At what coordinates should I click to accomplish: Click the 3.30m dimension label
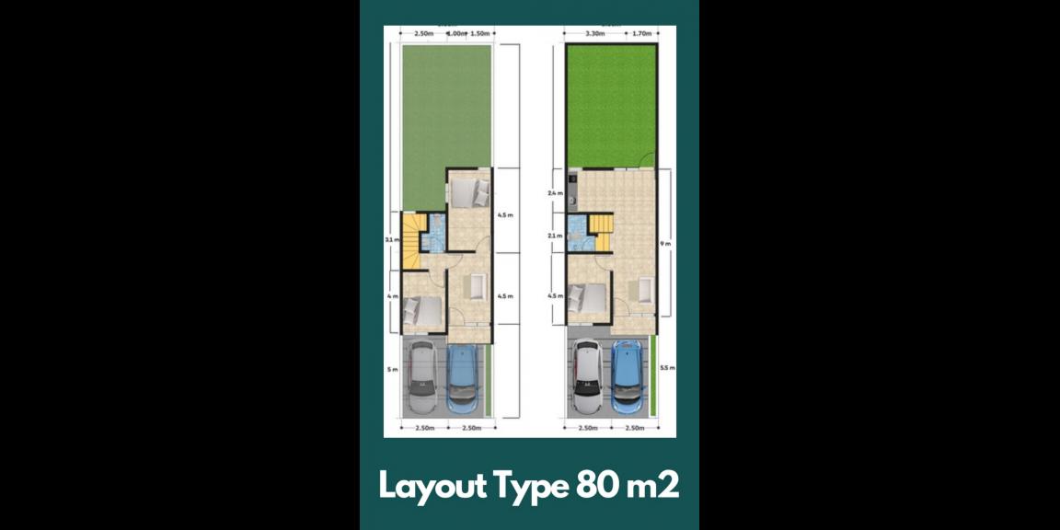595,34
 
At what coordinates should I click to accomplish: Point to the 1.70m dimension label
641,34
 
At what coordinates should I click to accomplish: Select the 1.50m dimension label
479,34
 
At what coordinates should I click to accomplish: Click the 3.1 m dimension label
391,240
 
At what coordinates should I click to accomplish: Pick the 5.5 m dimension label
668,368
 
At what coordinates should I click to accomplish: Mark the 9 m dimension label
667,243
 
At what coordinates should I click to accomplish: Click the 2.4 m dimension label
555,194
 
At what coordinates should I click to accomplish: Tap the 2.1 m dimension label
555,236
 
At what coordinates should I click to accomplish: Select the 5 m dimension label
392,370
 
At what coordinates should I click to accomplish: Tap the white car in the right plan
586,377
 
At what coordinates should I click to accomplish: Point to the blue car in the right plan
628,377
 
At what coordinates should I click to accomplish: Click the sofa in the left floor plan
477,288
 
